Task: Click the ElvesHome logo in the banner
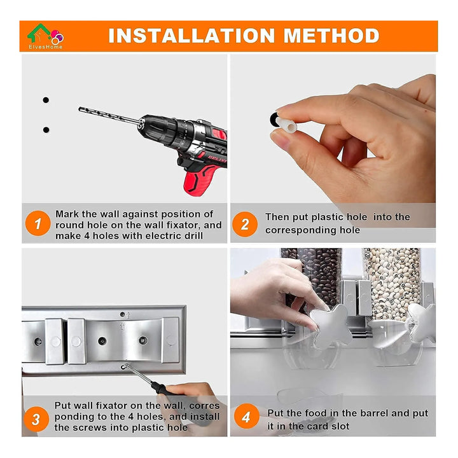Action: (x=45, y=36)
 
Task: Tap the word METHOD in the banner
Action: (x=331, y=36)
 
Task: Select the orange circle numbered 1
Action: (x=38, y=223)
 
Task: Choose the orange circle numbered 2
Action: (x=245, y=224)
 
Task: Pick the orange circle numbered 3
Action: (x=36, y=419)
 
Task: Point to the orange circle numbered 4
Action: (x=247, y=416)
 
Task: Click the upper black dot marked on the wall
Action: (x=46, y=100)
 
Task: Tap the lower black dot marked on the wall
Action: (x=46, y=130)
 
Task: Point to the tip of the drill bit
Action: (x=80, y=109)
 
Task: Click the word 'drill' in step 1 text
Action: (x=193, y=236)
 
